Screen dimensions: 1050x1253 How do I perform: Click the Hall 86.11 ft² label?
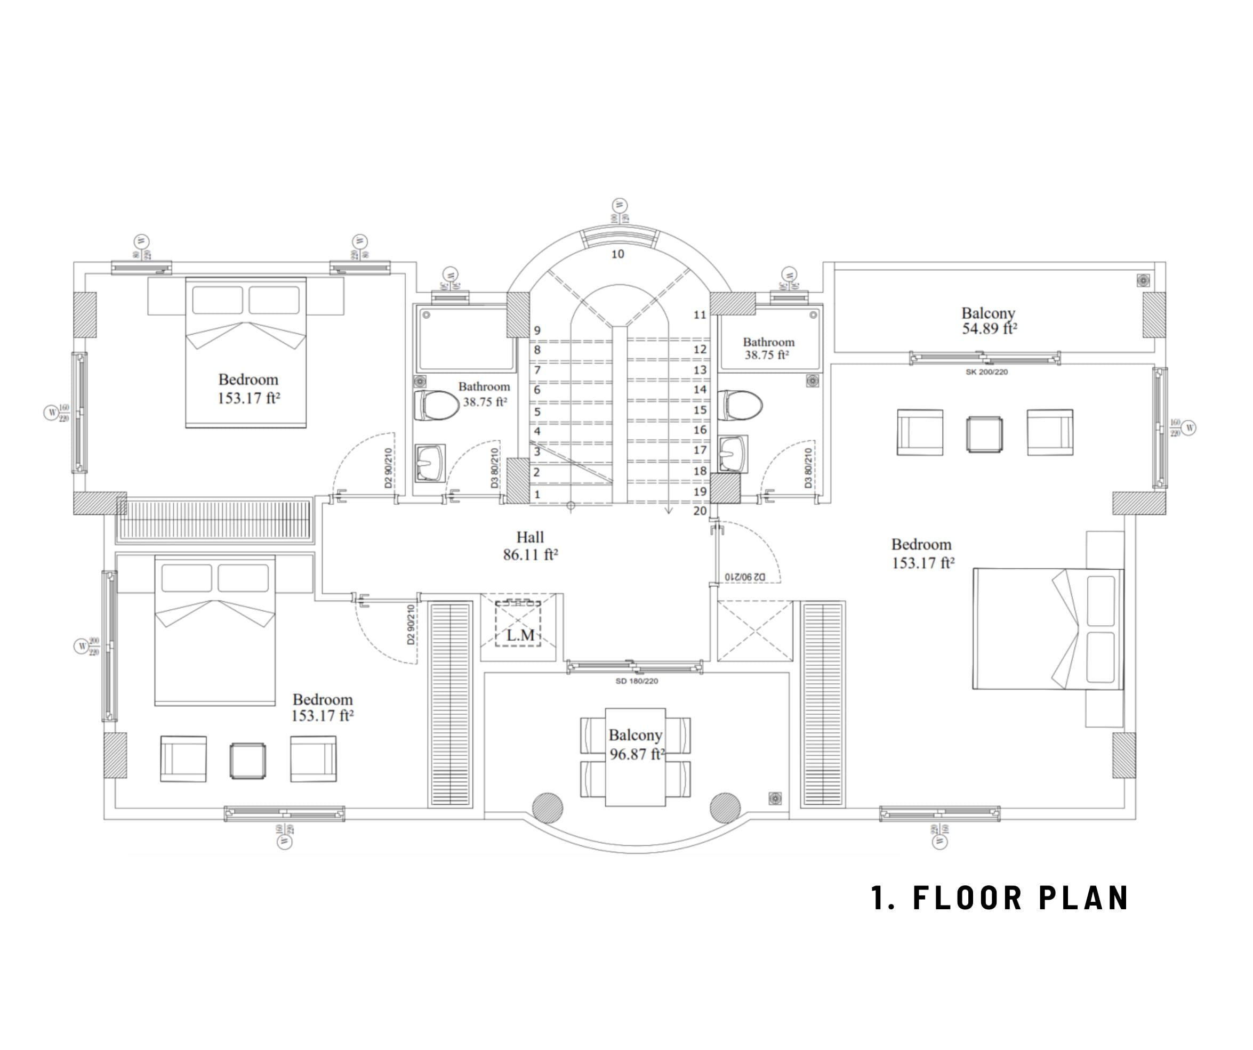(530, 546)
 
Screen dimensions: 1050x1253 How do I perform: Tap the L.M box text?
(520, 635)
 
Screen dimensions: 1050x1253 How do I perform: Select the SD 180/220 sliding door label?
(636, 681)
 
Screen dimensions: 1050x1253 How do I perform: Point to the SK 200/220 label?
(986, 371)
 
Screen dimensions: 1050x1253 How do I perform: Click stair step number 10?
(617, 254)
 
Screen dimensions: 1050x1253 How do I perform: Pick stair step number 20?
(700, 511)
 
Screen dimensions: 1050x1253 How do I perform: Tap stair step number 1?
(537, 494)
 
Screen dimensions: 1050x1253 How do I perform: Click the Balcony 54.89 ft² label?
(988, 320)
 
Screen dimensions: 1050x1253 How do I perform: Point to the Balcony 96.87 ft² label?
(636, 745)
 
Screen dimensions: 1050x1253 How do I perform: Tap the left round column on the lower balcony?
(547, 808)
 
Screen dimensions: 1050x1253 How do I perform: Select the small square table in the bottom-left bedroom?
(247, 761)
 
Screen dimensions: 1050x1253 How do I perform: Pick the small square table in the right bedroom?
(984, 434)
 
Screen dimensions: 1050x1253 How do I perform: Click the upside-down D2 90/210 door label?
(745, 577)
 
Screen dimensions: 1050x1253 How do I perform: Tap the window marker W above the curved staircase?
(620, 206)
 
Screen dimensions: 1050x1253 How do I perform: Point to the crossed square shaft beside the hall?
(755, 631)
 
